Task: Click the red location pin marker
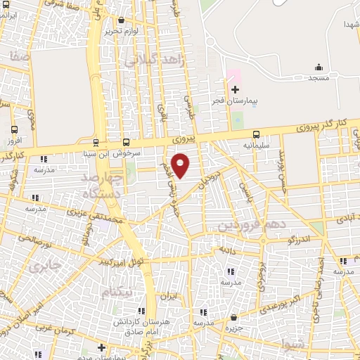pyautogui.click(x=181, y=166)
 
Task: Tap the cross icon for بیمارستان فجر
pyautogui.click(x=236, y=89)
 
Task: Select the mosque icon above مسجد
pyautogui.click(x=319, y=67)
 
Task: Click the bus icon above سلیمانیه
pyautogui.click(x=255, y=134)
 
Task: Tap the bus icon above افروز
pyautogui.click(x=15, y=129)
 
